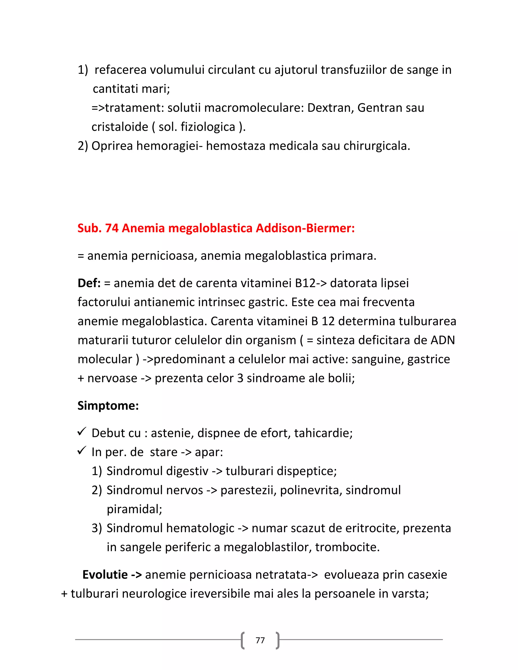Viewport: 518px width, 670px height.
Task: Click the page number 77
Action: (x=260, y=640)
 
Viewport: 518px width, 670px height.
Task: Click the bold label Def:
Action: (x=89, y=283)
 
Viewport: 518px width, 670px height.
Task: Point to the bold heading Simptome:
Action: (x=108, y=406)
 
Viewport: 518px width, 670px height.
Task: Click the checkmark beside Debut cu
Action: (x=82, y=432)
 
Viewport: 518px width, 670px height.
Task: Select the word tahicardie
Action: (x=323, y=433)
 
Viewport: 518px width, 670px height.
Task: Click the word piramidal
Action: (x=134, y=509)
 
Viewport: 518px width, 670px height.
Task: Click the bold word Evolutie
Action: (x=105, y=575)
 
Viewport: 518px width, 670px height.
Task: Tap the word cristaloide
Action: (x=120, y=127)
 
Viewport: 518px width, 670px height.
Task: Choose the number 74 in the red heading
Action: (x=112, y=228)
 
